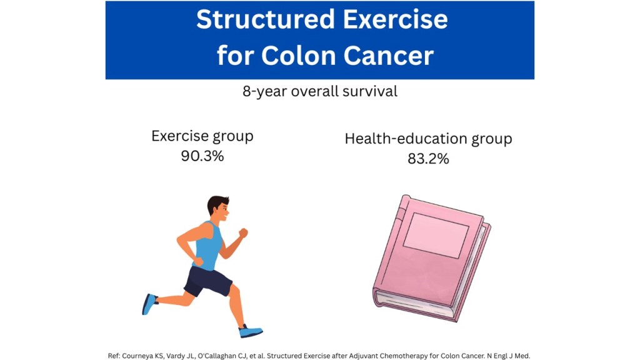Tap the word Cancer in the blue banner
click(388, 56)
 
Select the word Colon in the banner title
click(299, 56)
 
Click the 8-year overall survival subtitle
click(320, 91)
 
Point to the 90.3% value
click(202, 156)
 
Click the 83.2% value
click(428, 158)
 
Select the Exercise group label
click(202, 136)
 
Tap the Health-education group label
click(428, 139)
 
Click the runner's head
click(218, 208)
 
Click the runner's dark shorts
click(207, 281)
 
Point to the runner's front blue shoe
click(250, 331)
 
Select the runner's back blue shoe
click(149, 304)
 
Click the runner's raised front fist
click(243, 233)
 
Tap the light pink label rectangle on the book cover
click(436, 236)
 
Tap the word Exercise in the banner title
click(396, 19)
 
